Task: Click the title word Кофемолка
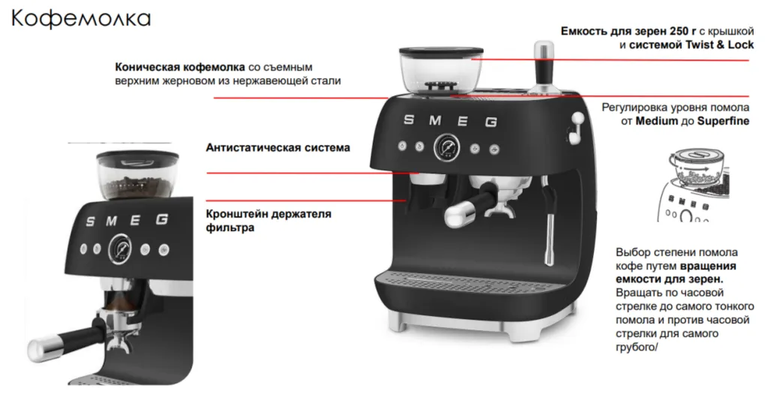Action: click(81, 19)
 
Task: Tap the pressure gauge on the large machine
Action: click(446, 148)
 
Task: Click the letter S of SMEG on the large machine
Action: click(409, 119)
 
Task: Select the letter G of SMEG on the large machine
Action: click(491, 122)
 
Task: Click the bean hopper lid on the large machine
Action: click(441, 51)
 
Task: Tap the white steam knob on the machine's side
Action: click(577, 122)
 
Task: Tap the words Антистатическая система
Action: click(277, 148)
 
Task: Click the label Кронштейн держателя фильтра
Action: click(268, 221)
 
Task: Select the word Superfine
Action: click(723, 121)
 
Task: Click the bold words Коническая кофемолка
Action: click(180, 67)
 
